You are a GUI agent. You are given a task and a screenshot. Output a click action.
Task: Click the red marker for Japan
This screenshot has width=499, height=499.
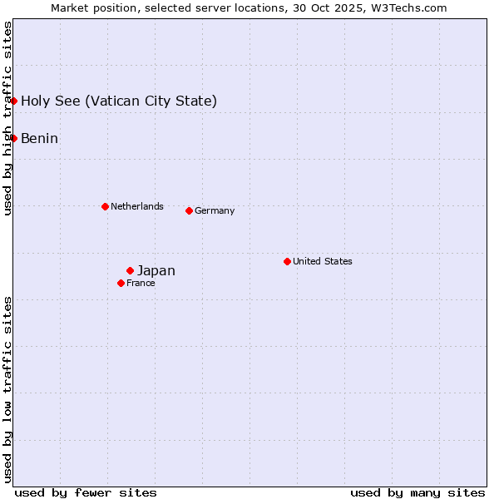tap(131, 270)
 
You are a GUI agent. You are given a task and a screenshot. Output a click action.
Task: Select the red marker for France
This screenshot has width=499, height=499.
tap(121, 283)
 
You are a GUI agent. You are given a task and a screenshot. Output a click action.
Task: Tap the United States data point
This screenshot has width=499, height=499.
tap(287, 261)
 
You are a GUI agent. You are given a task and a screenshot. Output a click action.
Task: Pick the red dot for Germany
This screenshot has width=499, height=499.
tap(189, 210)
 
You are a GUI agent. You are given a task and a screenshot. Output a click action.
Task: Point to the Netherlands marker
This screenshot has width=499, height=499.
tap(105, 206)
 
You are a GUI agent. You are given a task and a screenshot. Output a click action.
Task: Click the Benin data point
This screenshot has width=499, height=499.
tap(14, 138)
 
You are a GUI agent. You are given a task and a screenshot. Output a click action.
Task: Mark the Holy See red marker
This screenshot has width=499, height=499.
tap(14, 101)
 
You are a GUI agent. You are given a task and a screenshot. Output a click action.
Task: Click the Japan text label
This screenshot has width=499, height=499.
tap(156, 270)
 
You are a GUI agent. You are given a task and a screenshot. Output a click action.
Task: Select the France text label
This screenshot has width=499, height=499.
tap(141, 283)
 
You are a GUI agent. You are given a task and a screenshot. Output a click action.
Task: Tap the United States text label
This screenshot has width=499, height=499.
tap(323, 261)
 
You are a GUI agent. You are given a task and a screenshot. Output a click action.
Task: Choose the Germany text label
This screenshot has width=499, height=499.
tap(215, 210)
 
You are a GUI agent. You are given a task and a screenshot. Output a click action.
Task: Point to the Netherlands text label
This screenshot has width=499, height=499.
tap(137, 206)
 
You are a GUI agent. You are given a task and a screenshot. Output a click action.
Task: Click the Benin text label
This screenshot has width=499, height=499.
tap(39, 138)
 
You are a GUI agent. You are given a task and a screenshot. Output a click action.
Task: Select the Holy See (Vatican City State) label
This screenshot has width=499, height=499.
tap(119, 101)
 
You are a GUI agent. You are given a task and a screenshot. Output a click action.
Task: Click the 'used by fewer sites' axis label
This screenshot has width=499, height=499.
tap(86, 492)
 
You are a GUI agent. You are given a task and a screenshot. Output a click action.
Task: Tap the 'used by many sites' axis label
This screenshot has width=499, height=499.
tap(417, 492)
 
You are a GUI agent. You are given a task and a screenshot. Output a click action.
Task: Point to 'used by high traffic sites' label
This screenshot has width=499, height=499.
tap(7, 118)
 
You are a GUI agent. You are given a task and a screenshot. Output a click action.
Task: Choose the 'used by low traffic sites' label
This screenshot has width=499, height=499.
tap(7, 388)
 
